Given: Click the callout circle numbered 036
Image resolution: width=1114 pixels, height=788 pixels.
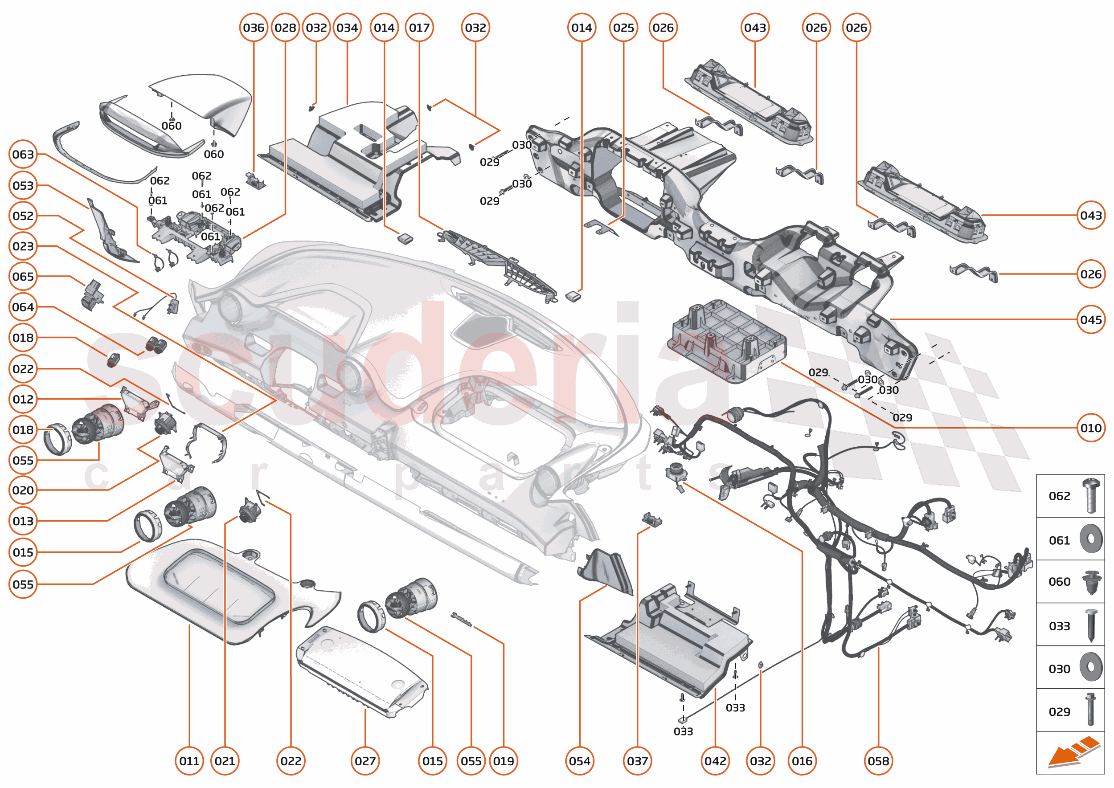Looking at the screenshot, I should [254, 28].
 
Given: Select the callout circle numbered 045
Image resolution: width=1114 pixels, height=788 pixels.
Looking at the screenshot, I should [1091, 320].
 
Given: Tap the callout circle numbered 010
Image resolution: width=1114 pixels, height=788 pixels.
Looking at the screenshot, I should [1091, 428].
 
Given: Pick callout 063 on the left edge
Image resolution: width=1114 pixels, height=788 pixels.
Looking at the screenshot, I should [23, 154].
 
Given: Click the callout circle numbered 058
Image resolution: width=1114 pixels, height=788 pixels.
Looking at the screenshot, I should [878, 761].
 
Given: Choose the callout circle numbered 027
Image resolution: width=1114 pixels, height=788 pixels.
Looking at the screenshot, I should [365, 761].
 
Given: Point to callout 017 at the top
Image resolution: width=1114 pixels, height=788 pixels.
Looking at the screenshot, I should [419, 28].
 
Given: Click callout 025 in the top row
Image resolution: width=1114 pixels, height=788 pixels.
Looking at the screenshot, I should [623, 28].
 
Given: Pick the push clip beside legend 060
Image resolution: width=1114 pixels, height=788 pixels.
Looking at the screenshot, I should [1091, 582].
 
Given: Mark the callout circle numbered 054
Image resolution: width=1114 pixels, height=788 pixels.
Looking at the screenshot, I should [580, 761].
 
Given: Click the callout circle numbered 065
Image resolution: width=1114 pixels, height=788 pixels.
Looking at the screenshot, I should [23, 277].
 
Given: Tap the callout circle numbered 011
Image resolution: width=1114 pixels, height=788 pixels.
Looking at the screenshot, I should [189, 761].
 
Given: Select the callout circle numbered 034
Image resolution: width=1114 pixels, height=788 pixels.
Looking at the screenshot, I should [347, 28].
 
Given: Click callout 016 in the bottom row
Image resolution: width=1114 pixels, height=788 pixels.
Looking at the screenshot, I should [802, 761].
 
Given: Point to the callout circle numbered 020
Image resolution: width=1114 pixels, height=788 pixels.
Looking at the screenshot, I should [23, 490].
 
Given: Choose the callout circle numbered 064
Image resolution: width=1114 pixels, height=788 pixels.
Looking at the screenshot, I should [23, 307].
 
